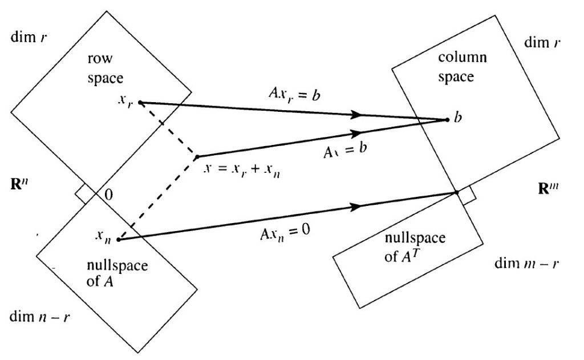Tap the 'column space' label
(456, 67)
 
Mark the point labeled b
(447, 120)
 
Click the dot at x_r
(140, 103)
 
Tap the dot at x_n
(118, 240)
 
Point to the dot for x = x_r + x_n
(197, 156)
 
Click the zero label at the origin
(107, 195)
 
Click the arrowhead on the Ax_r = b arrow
(357, 115)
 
